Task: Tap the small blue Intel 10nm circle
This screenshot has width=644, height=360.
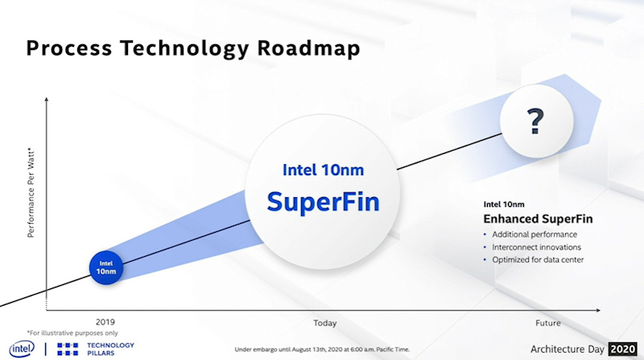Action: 106,267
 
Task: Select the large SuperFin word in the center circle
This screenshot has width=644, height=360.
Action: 323,201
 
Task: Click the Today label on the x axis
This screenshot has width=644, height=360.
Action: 324,323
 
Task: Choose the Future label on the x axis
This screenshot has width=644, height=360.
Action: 547,323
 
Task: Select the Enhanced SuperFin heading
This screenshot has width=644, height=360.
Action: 532,218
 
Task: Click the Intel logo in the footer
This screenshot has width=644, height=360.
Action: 22,348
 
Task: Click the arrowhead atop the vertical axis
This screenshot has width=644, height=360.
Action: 47,98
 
